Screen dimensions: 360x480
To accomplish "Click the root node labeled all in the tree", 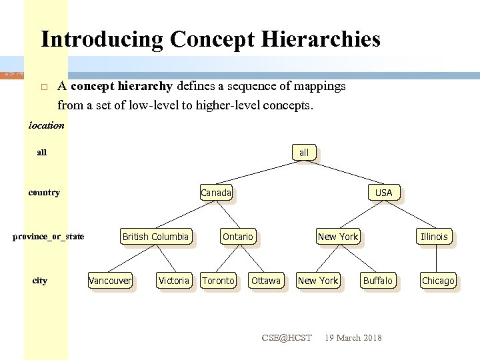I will (x=304, y=153).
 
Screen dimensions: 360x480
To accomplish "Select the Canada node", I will (x=216, y=193).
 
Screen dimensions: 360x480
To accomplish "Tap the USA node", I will (x=383, y=193).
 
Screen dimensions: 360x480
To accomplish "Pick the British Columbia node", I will (x=155, y=237).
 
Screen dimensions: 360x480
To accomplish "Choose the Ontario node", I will (x=238, y=237).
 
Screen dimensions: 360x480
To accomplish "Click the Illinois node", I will (x=434, y=237).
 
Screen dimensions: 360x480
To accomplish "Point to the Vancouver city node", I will (x=110, y=281).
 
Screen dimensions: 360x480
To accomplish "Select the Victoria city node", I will (x=174, y=281).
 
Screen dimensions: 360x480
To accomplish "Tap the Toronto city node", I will (x=219, y=281).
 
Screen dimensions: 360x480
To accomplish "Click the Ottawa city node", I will (x=266, y=281).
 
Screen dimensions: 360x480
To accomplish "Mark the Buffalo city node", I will (x=378, y=281).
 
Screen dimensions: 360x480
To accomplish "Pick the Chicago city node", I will (x=438, y=281).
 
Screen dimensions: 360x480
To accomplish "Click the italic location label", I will (x=47, y=125).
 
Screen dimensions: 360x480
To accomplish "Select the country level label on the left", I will (x=44, y=193).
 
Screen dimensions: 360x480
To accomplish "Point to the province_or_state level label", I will (x=49, y=237).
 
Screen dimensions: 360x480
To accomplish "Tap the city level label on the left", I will (x=40, y=281).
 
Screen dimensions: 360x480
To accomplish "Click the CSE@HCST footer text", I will (x=287, y=338).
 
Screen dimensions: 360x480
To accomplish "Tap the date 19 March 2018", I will (x=353, y=338).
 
